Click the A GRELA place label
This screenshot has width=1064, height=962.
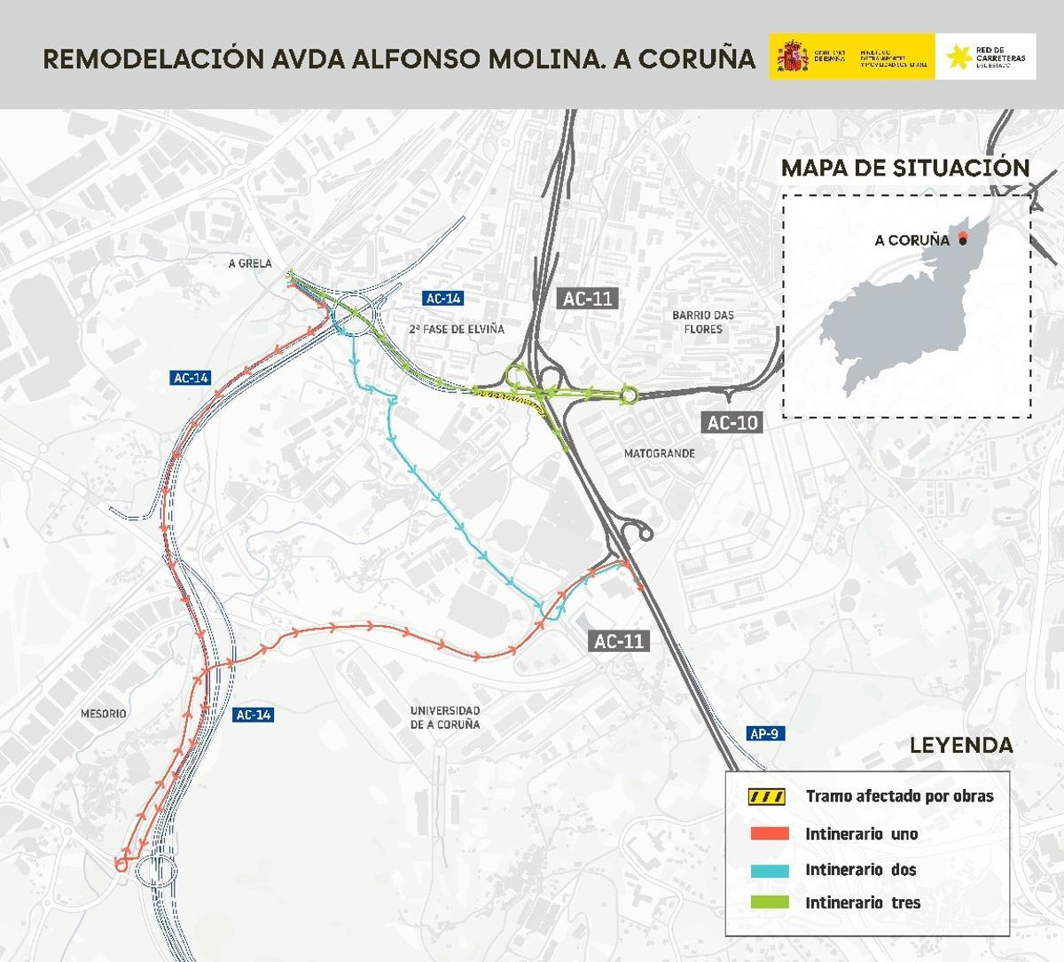249,264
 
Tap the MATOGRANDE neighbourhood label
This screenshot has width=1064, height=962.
659,453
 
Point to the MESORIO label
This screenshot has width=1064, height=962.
104,714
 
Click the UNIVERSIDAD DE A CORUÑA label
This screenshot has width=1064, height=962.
445,717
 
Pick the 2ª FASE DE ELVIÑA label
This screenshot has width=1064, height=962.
457,329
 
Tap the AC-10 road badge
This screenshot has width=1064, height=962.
732,423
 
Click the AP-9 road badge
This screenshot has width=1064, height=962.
764,733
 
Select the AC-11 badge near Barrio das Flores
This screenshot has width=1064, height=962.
589,299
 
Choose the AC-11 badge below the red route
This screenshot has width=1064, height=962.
619,641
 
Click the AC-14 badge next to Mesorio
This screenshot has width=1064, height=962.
253,715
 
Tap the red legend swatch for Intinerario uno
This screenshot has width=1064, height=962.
769,833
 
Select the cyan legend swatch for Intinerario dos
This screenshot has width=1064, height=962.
769,870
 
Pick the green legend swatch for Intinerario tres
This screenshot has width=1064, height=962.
769,903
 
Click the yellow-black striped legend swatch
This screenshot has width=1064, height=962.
769,796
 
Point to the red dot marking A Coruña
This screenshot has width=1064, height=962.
962,239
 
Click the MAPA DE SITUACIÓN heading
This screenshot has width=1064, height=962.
905,168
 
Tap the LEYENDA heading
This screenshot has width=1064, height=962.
961,745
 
